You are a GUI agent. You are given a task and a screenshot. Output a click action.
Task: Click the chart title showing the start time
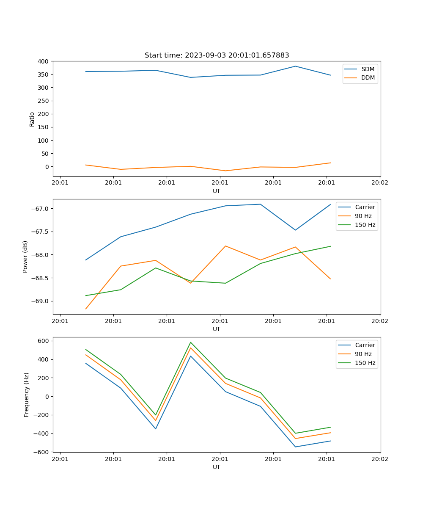click(x=217, y=55)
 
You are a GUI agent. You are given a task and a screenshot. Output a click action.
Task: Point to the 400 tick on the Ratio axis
click(x=44, y=61)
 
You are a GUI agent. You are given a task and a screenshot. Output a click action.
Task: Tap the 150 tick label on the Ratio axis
click(x=44, y=127)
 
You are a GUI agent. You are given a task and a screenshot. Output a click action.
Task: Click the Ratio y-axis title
click(x=32, y=119)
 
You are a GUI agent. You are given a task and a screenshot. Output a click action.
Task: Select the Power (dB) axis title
click(x=26, y=257)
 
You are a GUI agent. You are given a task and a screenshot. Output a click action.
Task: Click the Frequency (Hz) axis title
click(x=27, y=395)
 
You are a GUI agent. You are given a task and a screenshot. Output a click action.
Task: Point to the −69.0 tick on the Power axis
click(x=41, y=301)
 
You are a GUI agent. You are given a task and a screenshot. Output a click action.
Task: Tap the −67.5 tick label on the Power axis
click(x=41, y=232)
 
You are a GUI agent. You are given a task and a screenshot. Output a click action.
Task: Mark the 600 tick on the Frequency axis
click(x=44, y=341)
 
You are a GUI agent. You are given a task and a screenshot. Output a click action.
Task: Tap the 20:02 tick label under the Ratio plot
click(x=379, y=183)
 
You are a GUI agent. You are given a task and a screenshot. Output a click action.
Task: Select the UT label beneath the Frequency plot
click(x=217, y=467)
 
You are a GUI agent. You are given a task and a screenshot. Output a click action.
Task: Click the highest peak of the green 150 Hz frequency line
click(x=191, y=342)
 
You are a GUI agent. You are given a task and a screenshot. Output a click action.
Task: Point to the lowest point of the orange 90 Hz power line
click(x=86, y=309)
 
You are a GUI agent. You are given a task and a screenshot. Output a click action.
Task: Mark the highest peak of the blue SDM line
click(x=295, y=66)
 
